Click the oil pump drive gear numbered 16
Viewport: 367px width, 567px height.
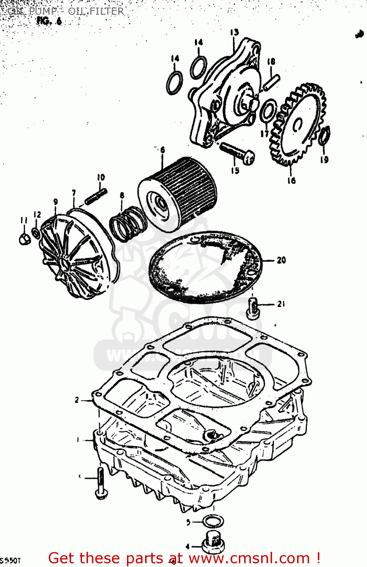pyautogui.click(x=299, y=127)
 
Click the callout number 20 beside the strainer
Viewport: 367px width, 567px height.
pyautogui.click(x=281, y=260)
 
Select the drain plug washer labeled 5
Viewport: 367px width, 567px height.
pyautogui.click(x=213, y=522)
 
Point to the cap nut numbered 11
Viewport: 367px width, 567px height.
pyautogui.click(x=24, y=239)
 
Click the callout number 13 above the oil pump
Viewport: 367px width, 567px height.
pyautogui.click(x=234, y=33)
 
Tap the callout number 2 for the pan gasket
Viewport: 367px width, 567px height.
pyautogui.click(x=77, y=400)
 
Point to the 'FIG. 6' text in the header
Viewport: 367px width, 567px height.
pyautogui.click(x=49, y=21)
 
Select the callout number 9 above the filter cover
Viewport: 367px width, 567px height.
pyautogui.click(x=56, y=202)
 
